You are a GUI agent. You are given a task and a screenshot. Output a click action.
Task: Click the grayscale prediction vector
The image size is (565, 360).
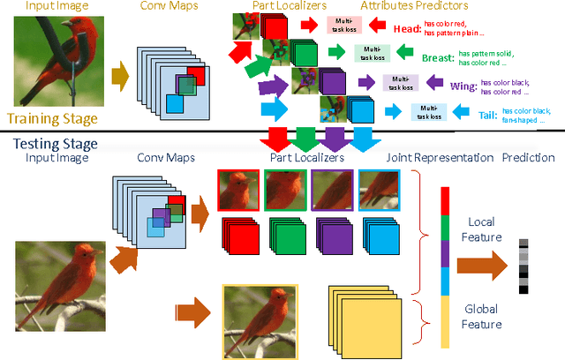pyautogui.click(x=524, y=265)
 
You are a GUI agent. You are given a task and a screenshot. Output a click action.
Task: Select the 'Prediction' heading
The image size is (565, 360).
pyautogui.click(x=529, y=157)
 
